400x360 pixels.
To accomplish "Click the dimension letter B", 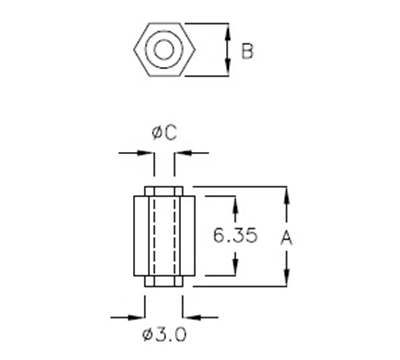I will pyautogui.click(x=246, y=49).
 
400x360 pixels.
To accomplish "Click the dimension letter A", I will pyautogui.click(x=287, y=236).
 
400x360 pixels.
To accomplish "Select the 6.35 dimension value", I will pyautogui.click(x=236, y=237).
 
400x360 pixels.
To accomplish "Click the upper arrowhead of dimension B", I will pyautogui.click(x=227, y=27).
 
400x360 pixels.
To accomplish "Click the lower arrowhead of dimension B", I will pyautogui.click(x=227, y=71).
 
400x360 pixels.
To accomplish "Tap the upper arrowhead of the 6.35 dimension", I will pyautogui.click(x=235, y=203).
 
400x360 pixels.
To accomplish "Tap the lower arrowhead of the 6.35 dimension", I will pyautogui.click(x=235, y=272).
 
